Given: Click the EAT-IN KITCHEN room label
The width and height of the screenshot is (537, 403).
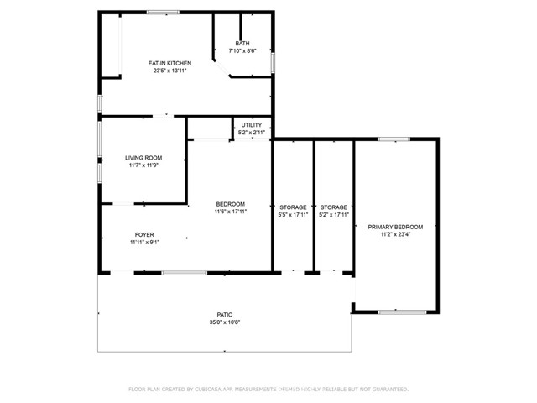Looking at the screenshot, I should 169,63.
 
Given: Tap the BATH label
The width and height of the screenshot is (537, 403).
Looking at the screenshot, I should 242,44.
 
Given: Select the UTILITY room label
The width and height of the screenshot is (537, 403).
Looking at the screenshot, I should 252,125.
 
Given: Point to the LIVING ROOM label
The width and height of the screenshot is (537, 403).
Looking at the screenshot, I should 143,158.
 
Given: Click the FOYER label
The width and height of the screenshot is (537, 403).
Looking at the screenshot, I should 144,234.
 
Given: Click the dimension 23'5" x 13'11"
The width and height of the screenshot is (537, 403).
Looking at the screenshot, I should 169,71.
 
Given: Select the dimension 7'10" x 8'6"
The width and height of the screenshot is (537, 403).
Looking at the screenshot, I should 242,51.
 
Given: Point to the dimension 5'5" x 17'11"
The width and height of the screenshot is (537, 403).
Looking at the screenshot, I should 293,215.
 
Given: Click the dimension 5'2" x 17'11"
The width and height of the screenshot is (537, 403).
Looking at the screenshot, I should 334,215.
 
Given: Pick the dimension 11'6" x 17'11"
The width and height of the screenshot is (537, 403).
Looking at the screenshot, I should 231,212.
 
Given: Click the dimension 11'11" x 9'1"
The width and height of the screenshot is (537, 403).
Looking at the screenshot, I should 144,243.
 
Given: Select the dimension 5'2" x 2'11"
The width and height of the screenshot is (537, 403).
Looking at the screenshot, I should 252,133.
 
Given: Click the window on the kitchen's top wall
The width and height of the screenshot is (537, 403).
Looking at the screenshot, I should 162,12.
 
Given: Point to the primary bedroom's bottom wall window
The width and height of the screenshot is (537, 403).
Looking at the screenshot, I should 395,312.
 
